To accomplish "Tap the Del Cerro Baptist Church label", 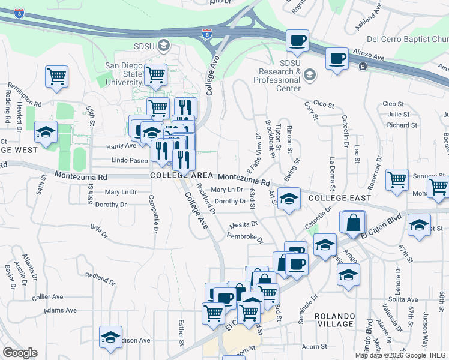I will [407, 40].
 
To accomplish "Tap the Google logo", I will [20, 353].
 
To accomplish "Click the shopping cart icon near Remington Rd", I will [56, 76].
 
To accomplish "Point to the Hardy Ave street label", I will [121, 146].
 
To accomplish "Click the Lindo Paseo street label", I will [130, 160].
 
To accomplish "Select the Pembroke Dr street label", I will [245, 237].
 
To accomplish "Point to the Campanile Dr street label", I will [154, 218].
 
